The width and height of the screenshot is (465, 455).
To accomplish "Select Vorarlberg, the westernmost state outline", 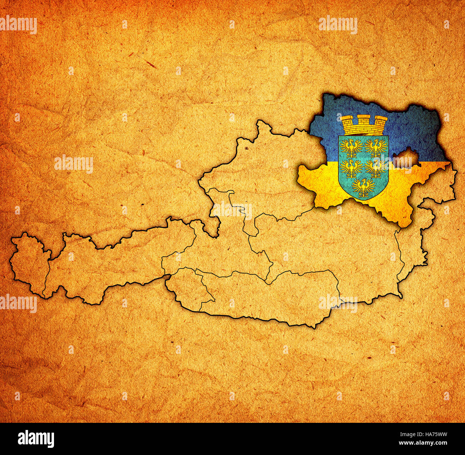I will (29, 264).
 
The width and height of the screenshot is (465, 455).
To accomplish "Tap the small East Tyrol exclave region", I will (188, 286).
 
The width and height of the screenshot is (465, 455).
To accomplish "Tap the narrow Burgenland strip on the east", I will (411, 247).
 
